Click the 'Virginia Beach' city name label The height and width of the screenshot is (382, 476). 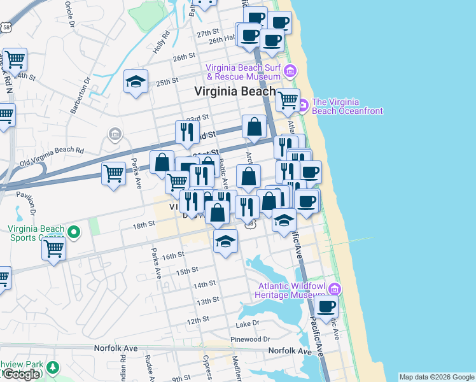coord(235,91)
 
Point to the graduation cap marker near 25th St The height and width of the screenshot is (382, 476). coord(136,82)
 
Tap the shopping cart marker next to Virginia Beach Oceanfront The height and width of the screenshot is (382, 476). coord(288,99)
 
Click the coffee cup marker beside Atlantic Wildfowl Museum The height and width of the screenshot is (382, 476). coord(326,307)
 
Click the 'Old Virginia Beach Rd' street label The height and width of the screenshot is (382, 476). coord(52,151)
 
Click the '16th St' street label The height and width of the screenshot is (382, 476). coord(172,255)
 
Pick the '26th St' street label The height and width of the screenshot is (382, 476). coord(184,57)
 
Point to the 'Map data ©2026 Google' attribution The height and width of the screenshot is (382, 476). coord(437,377)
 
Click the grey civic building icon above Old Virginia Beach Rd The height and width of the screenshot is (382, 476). coord(115,134)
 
